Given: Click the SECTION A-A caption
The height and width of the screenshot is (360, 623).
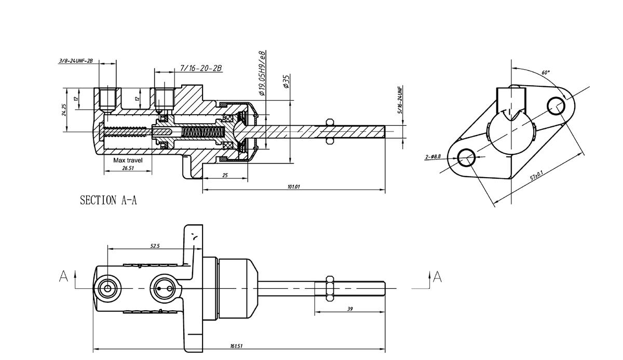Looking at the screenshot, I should click(x=108, y=201).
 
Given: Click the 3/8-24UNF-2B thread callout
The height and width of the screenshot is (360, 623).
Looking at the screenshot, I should click(x=76, y=61).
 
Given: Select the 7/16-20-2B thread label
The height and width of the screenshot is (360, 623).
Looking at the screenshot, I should click(x=201, y=69).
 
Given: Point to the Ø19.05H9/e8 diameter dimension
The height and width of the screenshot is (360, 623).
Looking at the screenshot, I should click(x=262, y=73).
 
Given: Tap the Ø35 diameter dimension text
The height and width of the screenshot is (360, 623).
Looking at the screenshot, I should click(x=286, y=82).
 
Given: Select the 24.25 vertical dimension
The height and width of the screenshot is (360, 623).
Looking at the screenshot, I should click(x=64, y=110).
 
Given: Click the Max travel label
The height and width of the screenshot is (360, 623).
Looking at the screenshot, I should click(x=128, y=161).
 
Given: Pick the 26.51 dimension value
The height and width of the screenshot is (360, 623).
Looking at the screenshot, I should click(x=128, y=168).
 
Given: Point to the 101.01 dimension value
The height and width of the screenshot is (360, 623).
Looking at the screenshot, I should click(x=293, y=186).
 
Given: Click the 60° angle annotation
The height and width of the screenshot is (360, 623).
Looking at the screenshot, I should click(x=546, y=73).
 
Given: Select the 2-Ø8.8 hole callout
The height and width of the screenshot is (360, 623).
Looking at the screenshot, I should click(x=432, y=156).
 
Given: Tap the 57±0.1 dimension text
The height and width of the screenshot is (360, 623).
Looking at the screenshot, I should click(x=537, y=175).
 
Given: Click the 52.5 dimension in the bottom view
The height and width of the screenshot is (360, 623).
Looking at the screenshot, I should click(x=155, y=246).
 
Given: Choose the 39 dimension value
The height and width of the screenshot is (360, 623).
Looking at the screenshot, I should click(x=350, y=309).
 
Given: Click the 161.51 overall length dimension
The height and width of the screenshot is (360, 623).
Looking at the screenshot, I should click(x=236, y=346).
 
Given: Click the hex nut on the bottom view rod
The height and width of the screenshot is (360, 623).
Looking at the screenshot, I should click(x=329, y=288).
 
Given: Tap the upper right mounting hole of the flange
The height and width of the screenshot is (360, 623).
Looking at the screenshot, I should click(x=557, y=106).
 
